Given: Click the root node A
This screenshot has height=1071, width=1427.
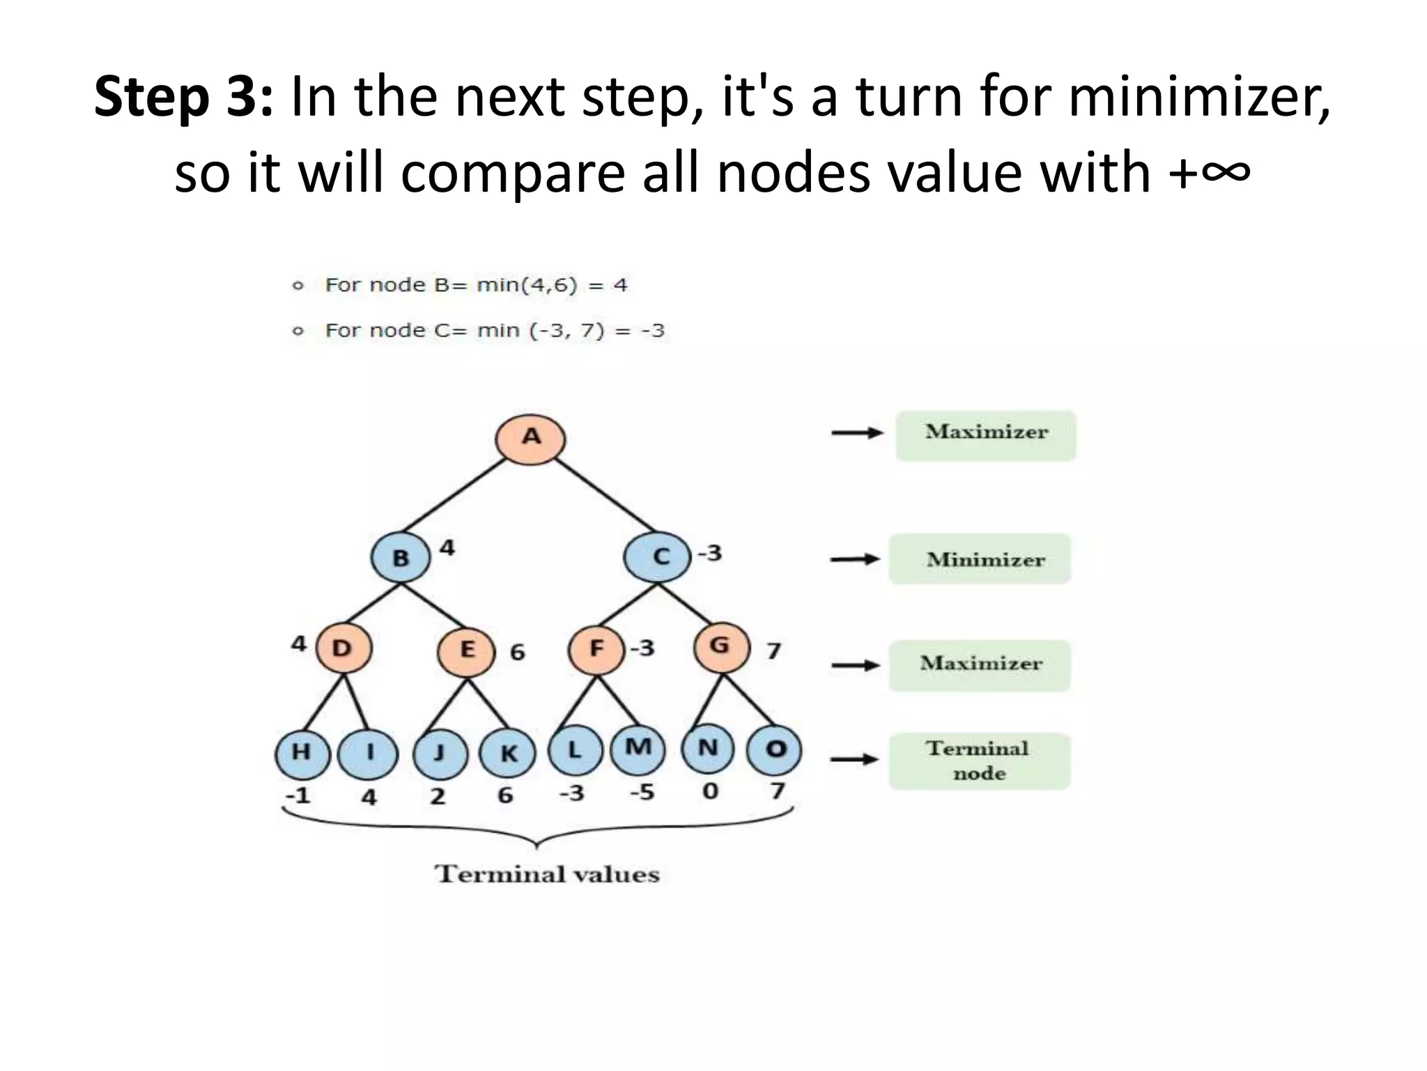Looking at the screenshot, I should click(530, 439).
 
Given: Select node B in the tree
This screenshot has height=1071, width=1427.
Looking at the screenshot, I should click(401, 557).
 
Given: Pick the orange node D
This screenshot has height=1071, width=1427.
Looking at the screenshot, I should click(344, 648).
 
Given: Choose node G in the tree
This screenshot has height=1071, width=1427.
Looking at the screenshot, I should click(722, 646).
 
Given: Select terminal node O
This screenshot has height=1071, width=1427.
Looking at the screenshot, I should click(774, 750).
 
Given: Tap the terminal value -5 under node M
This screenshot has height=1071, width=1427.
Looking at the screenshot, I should click(642, 793).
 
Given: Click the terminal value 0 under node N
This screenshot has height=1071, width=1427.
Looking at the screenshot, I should click(710, 792).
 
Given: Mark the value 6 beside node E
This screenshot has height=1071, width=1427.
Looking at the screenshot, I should click(517, 653).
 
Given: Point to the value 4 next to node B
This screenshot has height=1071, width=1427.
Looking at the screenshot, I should click(447, 548).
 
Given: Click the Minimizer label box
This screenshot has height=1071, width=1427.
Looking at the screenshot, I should click(980, 559).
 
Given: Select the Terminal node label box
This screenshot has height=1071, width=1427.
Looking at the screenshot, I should click(980, 761).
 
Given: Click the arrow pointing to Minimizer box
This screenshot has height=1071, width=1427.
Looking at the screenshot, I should click(855, 559).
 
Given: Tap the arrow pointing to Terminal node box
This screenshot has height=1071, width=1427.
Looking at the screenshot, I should click(855, 759).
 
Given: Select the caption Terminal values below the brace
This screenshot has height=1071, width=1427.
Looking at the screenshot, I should click(547, 874).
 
